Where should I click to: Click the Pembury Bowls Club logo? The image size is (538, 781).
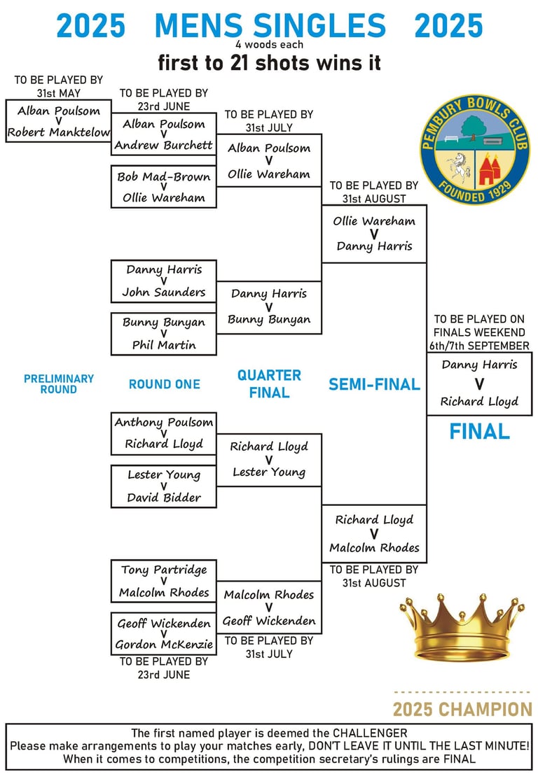(x=475, y=150)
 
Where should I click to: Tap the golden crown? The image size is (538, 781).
(x=462, y=628)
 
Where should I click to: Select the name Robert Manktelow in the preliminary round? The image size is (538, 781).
(x=59, y=132)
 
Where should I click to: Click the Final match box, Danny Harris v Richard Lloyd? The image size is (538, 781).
(x=479, y=384)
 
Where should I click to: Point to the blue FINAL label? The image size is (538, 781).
(x=480, y=431)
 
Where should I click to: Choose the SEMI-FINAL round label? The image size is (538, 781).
(x=375, y=384)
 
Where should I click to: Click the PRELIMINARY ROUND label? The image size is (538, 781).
(x=59, y=384)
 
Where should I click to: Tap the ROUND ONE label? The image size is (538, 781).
(x=165, y=384)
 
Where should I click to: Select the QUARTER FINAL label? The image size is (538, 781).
(x=269, y=384)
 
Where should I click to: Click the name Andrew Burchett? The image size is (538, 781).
(x=163, y=146)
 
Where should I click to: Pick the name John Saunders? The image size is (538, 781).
(x=164, y=293)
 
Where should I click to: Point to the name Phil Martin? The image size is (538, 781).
(x=164, y=345)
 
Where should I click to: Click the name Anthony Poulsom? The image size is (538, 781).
(x=164, y=423)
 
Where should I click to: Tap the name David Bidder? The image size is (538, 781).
(x=164, y=498)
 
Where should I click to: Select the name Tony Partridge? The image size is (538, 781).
(x=164, y=570)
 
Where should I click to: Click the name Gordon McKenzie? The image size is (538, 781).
(x=164, y=645)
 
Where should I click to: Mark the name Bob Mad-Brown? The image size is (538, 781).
(x=164, y=177)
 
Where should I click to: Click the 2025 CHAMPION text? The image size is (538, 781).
(x=463, y=710)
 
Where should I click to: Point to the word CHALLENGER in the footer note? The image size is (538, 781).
(x=370, y=733)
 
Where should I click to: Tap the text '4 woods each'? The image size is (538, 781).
(x=269, y=44)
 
